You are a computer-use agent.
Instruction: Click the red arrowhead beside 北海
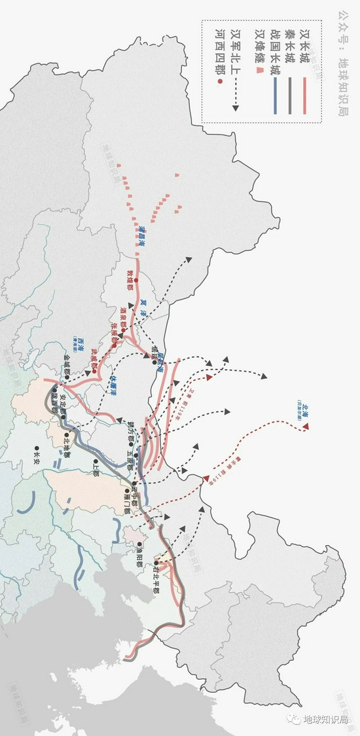[305, 427]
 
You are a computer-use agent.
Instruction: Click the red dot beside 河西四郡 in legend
[223, 81]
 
